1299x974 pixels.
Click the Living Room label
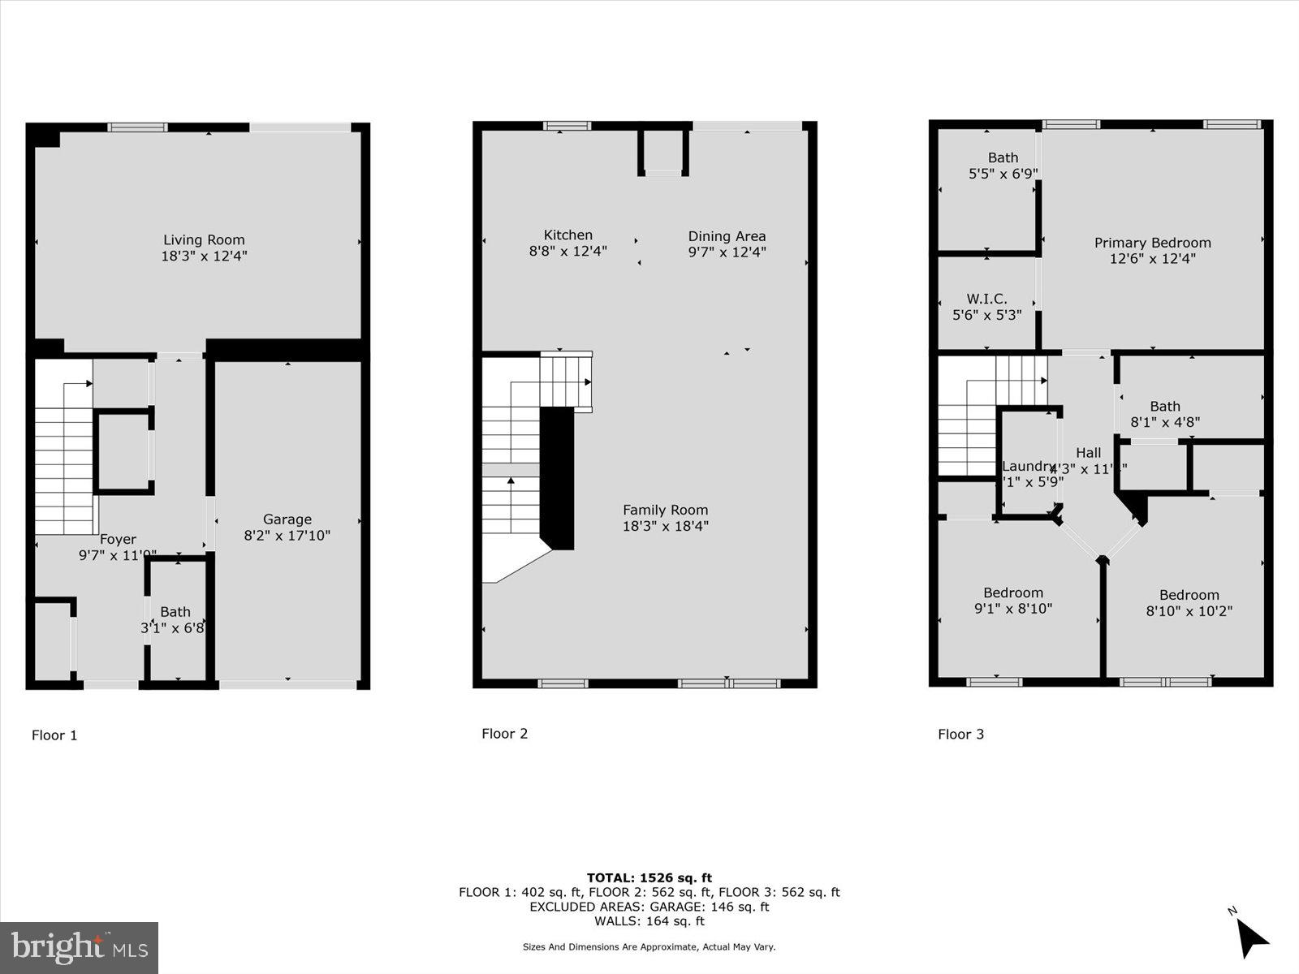pos(204,240)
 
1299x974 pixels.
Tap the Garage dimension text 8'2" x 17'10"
pos(287,536)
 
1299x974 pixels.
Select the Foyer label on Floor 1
pos(118,539)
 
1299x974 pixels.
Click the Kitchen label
pos(568,235)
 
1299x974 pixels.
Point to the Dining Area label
pos(727,236)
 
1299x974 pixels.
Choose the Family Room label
pos(665,510)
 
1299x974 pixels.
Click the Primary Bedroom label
pos(1152,243)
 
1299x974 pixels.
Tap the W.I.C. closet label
pos(986,299)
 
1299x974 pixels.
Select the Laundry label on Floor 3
pos(1028,466)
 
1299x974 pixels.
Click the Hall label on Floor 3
pos(1089,453)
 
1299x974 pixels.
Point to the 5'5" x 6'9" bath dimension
pos(1003,174)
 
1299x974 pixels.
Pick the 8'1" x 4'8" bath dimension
pos(1165,422)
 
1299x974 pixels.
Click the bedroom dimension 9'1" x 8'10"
pos(1013,609)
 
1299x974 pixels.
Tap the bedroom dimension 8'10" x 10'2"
pos(1189,611)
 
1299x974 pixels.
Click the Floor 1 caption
pos(54,735)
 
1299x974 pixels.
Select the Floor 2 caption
pos(504,734)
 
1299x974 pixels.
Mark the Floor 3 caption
pos(960,735)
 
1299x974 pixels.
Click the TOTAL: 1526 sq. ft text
pos(649,877)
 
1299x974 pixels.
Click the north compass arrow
pos(1252,938)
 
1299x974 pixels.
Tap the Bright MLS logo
pos(79,947)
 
